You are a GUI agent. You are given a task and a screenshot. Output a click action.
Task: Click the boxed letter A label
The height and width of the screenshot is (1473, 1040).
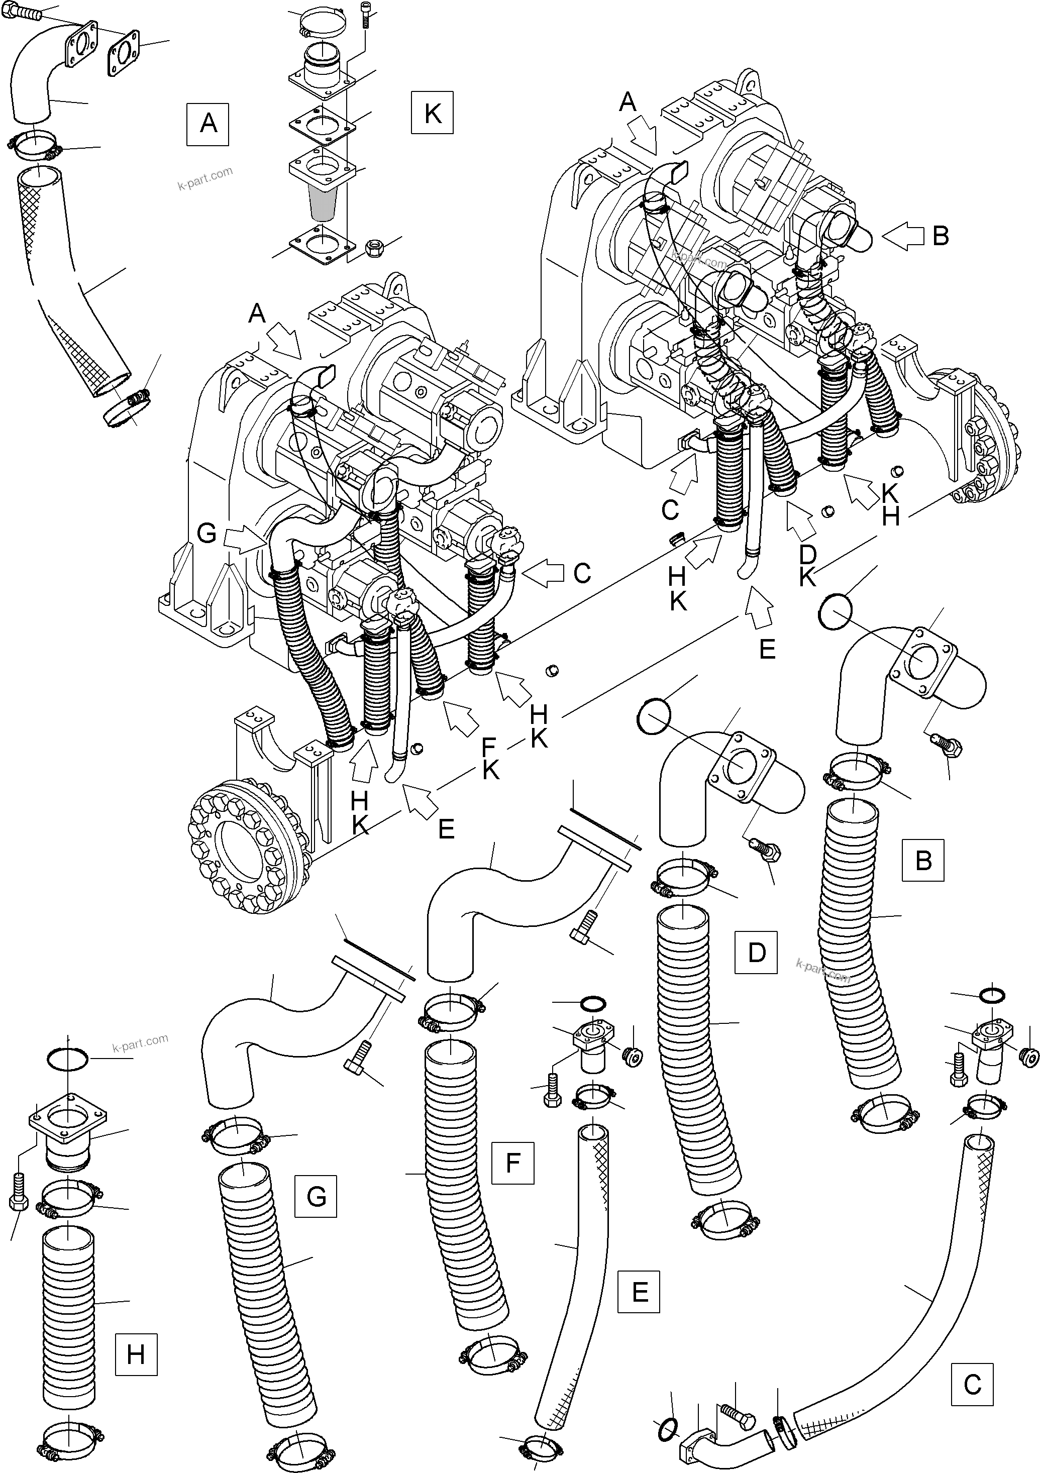[x=208, y=123]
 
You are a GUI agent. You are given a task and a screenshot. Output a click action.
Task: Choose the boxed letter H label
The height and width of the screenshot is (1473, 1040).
[x=136, y=1354]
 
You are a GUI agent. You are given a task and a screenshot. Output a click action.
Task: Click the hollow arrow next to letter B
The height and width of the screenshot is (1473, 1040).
[x=903, y=237]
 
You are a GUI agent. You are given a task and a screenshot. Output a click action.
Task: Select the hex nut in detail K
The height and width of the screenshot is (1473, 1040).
[x=373, y=247]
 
